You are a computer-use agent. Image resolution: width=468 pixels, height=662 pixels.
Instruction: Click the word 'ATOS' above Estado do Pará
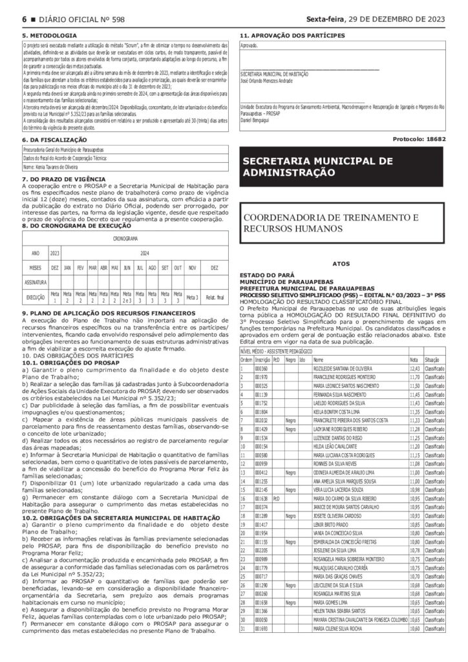[341, 264]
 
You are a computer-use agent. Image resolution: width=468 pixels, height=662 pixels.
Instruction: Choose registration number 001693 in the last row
[262, 647]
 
